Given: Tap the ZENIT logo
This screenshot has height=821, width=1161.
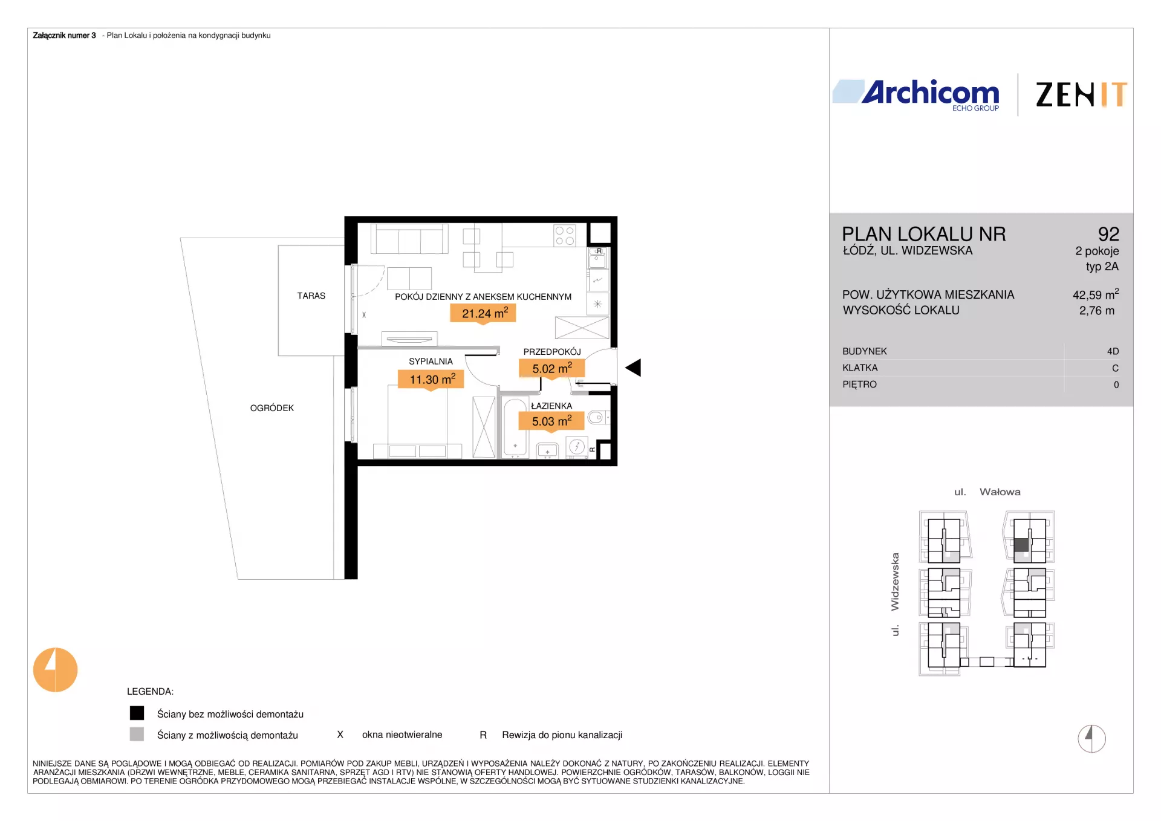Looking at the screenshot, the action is tap(1081, 95).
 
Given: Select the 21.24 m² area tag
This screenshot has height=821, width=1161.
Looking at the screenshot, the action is tap(483, 314).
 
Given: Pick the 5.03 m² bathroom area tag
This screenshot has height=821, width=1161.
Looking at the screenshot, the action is tap(551, 421).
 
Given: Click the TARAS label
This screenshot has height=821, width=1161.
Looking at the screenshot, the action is tap(311, 296).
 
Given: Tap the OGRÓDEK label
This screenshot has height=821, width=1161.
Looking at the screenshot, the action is tap(272, 408).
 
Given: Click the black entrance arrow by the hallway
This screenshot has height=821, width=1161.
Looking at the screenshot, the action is tap(633, 368).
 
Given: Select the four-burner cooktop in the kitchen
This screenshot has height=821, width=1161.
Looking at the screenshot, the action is tap(565, 236).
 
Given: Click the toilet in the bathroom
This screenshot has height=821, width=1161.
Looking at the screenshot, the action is tap(598, 417).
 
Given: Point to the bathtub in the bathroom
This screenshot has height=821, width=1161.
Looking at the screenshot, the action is tap(515, 427).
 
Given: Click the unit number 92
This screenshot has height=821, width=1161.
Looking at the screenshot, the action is tap(1108, 234).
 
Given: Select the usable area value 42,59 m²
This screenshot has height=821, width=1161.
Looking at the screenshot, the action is tap(1096, 294).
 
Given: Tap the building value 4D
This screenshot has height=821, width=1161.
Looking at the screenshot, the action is tap(1113, 351).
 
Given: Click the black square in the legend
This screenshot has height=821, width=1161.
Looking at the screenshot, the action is tap(137, 713).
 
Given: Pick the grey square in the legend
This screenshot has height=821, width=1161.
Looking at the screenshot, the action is tap(137, 734).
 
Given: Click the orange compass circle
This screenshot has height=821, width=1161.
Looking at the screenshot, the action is tap(55, 670).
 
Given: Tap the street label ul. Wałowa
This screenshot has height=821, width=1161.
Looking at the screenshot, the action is tap(987, 492).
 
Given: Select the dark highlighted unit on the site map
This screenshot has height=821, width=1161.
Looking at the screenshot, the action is tap(1021, 545).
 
